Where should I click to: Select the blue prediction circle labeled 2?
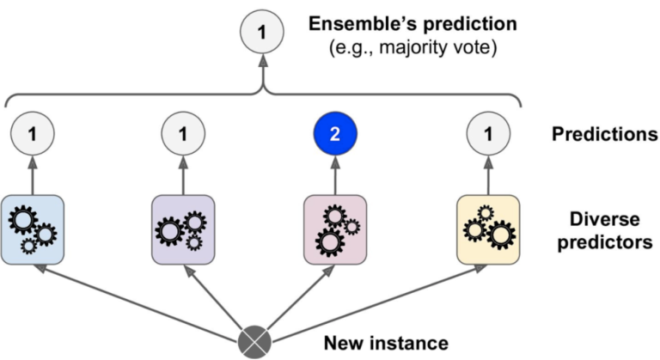335,134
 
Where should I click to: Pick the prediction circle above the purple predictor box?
183,134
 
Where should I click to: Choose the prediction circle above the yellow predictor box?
488,134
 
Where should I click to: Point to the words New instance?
386,344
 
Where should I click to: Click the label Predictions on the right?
605,135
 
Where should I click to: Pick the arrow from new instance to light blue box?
137,302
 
